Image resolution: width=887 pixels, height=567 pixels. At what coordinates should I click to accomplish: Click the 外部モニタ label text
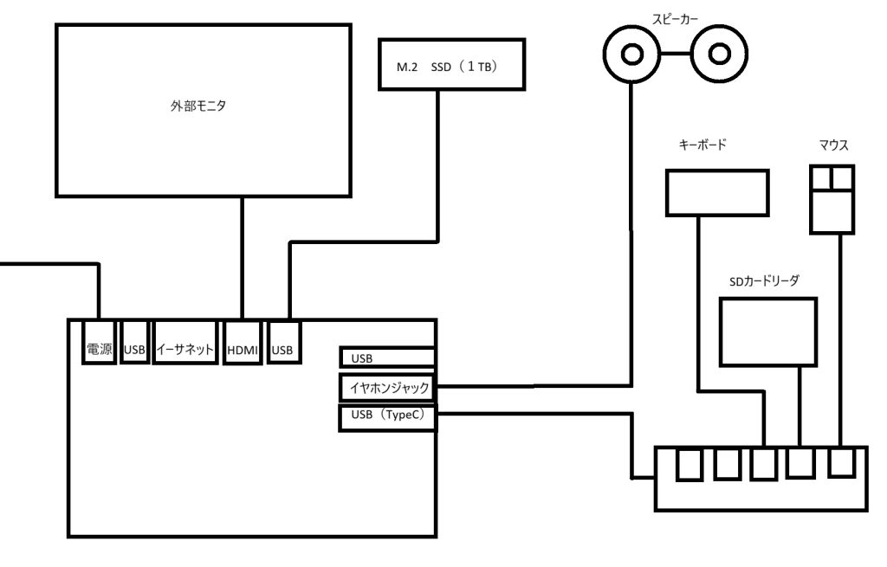(198, 106)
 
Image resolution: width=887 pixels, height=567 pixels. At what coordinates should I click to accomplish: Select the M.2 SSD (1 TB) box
(451, 64)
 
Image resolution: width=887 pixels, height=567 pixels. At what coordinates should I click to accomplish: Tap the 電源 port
(99, 343)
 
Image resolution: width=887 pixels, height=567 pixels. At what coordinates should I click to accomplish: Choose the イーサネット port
(185, 343)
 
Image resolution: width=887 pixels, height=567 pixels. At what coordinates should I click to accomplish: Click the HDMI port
(243, 343)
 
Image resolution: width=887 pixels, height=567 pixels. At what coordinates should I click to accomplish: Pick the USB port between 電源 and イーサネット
(134, 343)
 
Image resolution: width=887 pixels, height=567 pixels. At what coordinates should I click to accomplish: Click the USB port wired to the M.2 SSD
(283, 343)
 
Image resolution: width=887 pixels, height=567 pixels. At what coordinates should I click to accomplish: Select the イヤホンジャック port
(387, 387)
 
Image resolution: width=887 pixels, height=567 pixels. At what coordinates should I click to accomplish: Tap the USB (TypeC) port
(387, 418)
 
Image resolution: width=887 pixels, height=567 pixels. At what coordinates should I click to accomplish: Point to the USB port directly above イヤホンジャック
(387, 358)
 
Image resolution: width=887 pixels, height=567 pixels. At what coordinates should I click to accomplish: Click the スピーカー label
(675, 19)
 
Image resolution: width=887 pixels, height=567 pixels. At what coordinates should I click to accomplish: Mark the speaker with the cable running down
(631, 55)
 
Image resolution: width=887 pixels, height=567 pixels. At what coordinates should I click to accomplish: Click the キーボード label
(702, 145)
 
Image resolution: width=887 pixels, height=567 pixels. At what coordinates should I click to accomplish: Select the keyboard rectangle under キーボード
(717, 193)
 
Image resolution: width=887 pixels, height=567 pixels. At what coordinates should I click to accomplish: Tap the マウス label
(833, 145)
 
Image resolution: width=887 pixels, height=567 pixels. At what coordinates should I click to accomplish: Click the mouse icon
(832, 199)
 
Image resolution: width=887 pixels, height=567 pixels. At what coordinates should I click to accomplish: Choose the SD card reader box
(768, 332)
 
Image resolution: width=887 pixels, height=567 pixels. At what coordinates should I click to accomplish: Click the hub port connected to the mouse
(840, 462)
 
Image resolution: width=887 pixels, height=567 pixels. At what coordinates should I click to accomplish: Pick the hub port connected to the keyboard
(764, 464)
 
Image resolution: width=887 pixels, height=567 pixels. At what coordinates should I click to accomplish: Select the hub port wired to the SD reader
(800, 463)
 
